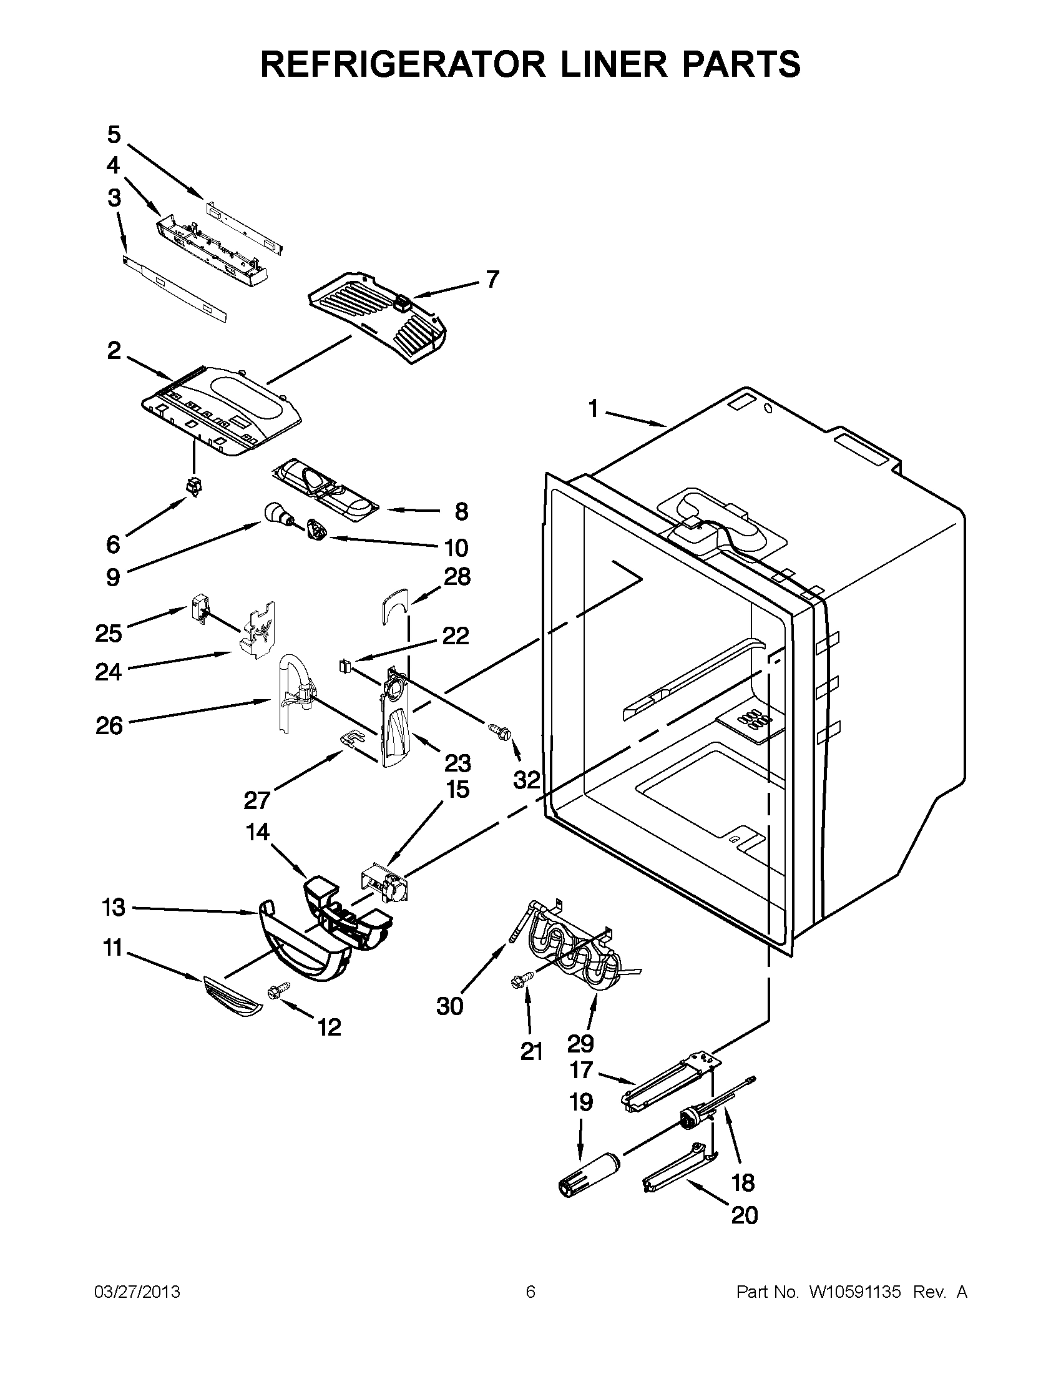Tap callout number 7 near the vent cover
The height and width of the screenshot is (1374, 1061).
click(x=492, y=279)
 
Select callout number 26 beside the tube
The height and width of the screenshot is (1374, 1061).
click(x=109, y=726)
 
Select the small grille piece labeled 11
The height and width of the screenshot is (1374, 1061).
click(x=232, y=996)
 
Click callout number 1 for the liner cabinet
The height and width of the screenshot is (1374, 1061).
click(x=592, y=410)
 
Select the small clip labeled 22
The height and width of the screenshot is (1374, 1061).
click(x=344, y=664)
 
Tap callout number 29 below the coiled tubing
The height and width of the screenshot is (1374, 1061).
click(x=580, y=1043)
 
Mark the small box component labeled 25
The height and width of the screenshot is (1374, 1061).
click(x=198, y=611)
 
